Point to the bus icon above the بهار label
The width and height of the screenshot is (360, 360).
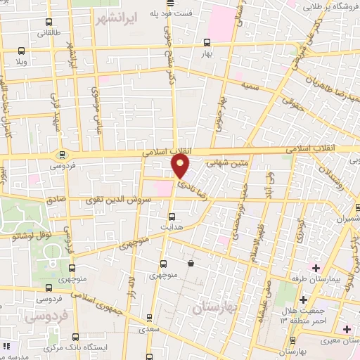click(x=207, y=41)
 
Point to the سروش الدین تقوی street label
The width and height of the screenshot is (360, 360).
click(x=116, y=200)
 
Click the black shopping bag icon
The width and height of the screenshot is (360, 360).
click(x=191, y=264)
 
